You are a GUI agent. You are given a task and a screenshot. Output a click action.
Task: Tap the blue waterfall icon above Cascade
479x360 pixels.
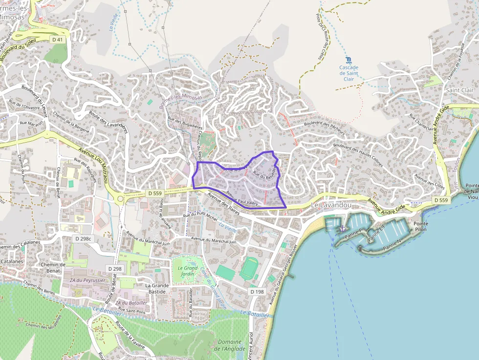coord(348,60)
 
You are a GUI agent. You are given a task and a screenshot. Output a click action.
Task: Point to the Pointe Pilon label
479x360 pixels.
coord(421,226)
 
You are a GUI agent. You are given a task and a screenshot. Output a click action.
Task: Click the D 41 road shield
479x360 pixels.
coord(57,39)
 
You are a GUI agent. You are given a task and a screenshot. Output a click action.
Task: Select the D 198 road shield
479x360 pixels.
coord(257,292)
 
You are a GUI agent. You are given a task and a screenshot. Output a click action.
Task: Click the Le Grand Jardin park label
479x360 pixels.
coord(188,271)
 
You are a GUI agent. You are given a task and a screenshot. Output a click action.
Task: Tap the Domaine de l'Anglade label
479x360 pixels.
coord(230,345)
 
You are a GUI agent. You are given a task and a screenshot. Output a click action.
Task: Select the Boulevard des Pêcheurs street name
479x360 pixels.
coord(324,128)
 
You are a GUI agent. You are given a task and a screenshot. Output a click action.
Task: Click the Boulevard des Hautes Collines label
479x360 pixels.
coord(358,154)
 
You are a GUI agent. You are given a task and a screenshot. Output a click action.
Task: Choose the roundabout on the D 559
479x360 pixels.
coord(120,198)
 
